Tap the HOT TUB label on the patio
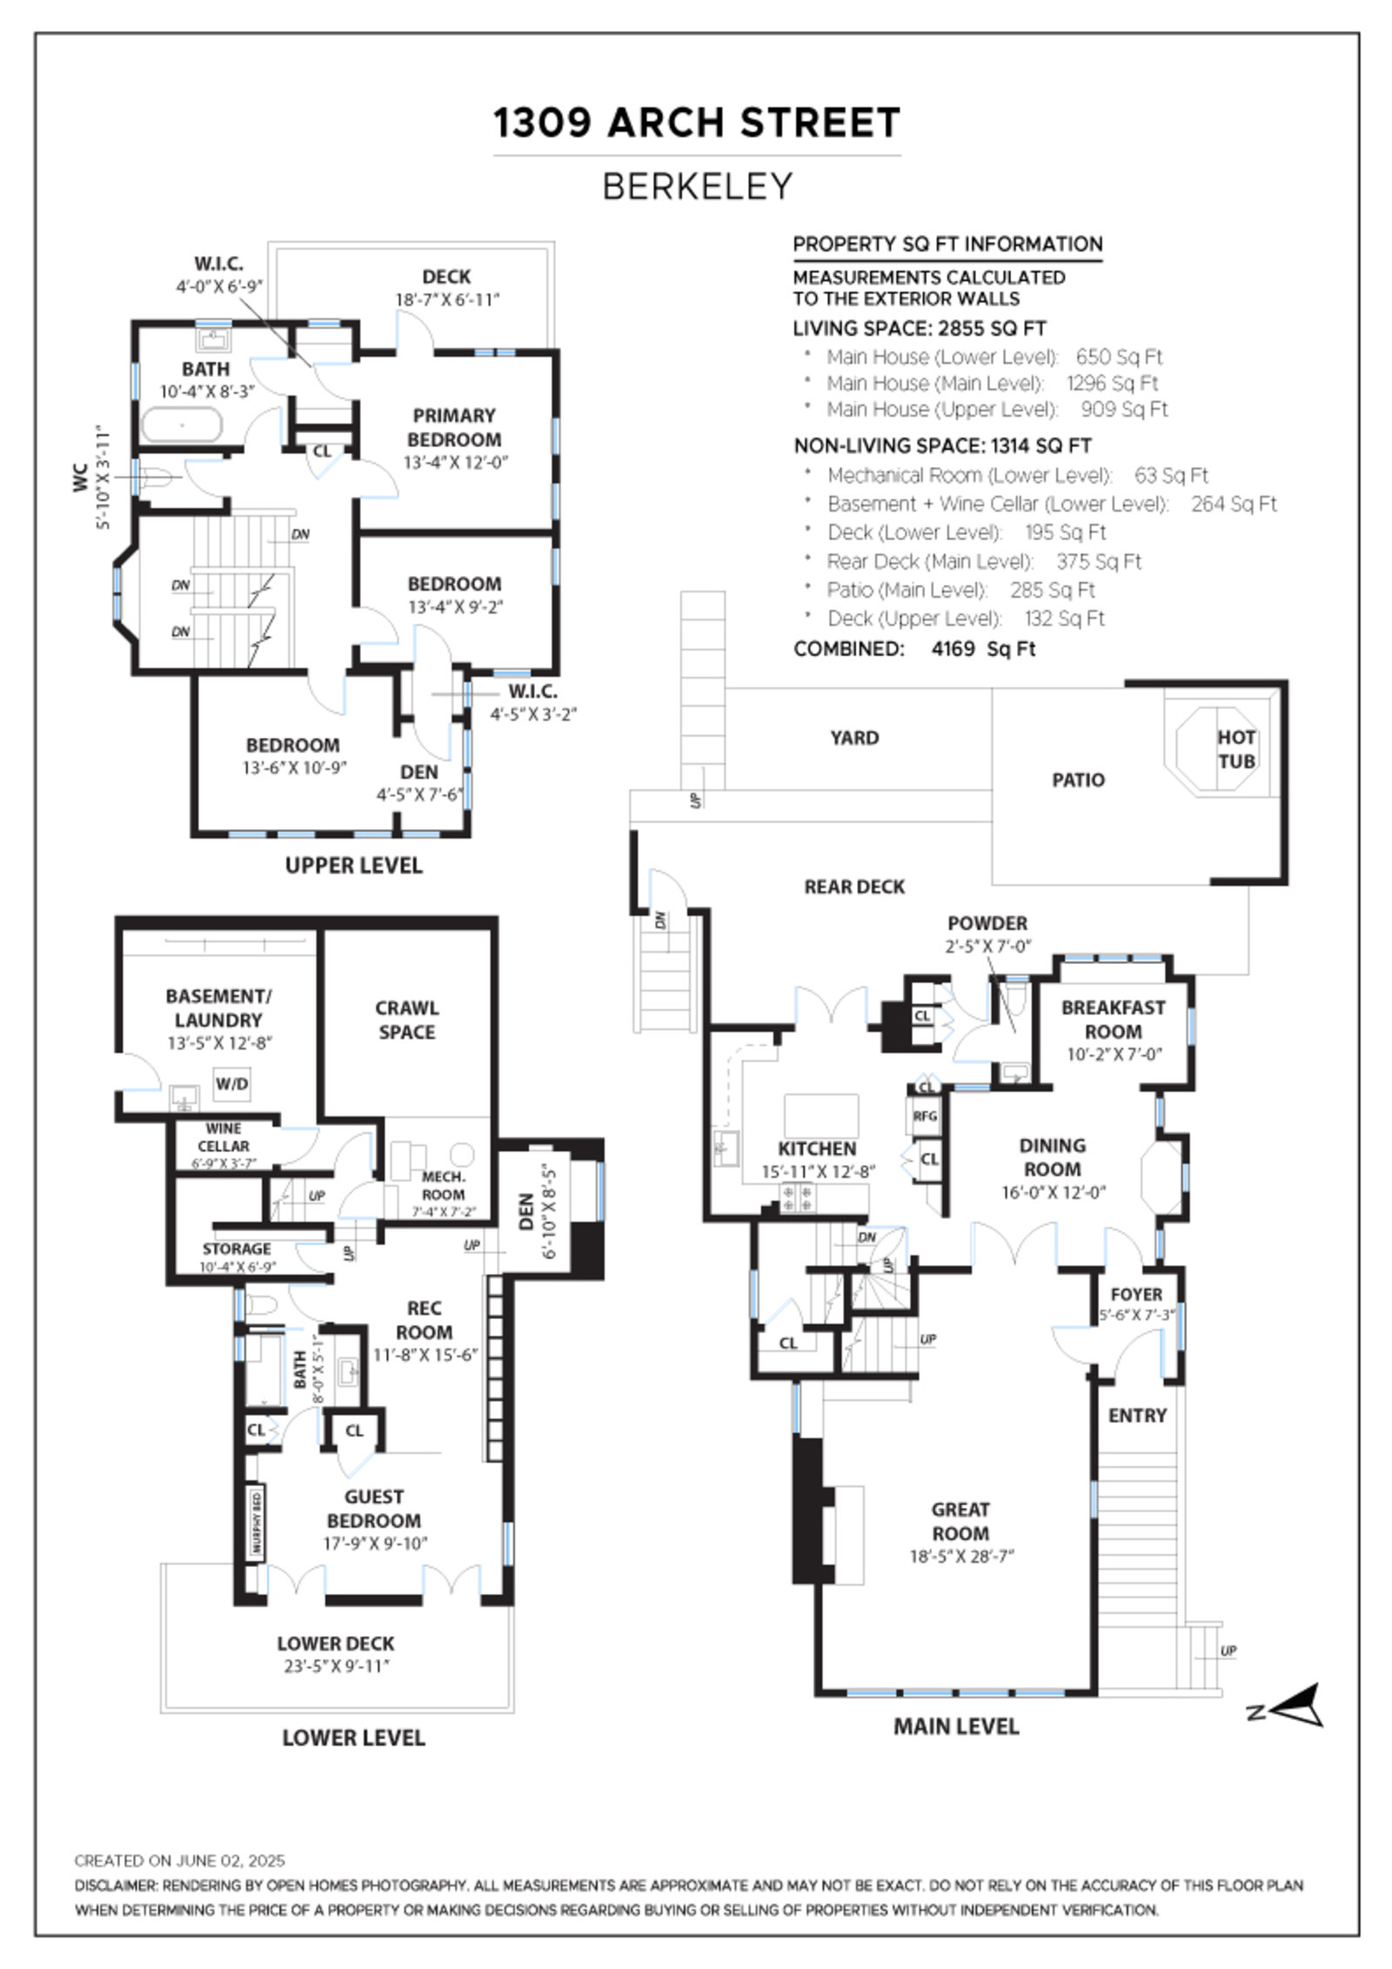point(1235,749)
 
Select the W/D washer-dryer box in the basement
point(231,1084)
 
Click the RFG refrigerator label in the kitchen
point(925,1116)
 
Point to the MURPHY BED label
point(257,1523)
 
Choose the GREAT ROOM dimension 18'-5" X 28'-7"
point(961,1557)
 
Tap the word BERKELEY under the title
point(697,186)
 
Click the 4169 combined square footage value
point(953,649)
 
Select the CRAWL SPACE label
point(406,1020)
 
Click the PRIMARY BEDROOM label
point(454,427)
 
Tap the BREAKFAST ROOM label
point(1113,1020)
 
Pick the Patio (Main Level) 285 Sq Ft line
point(960,591)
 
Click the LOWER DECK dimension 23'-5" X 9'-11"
point(336,1667)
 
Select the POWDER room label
point(987,923)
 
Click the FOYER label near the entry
point(1136,1295)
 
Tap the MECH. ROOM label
point(443,1186)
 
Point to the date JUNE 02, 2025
point(231,1861)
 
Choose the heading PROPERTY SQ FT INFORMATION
point(947,244)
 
